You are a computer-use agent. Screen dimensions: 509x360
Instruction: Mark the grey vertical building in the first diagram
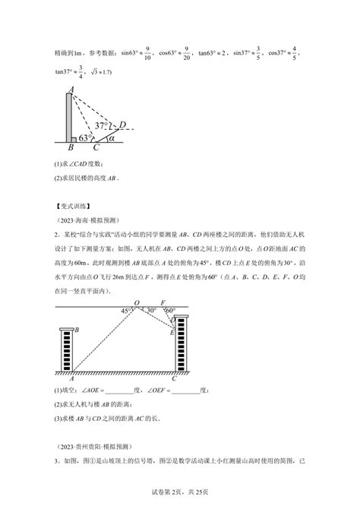pos(70,118)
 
